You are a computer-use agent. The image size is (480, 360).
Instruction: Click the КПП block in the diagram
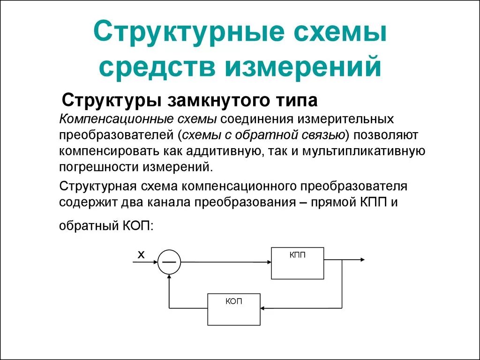tap(297, 263)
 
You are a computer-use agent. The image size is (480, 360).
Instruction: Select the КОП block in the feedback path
tap(234, 309)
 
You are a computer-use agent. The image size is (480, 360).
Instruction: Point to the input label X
tap(141, 255)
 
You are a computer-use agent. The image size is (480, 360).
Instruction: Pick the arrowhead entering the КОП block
tap(263, 308)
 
